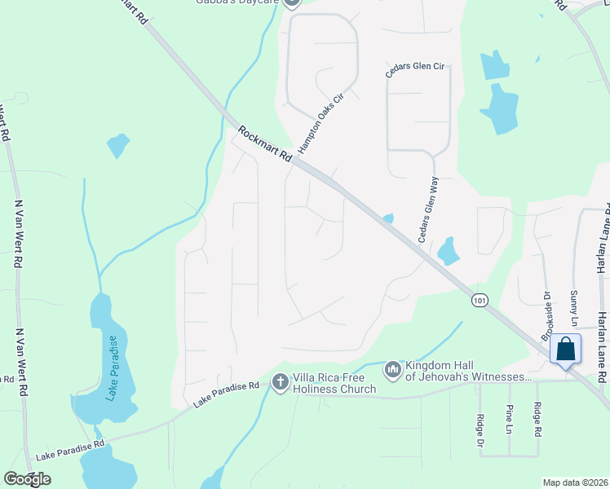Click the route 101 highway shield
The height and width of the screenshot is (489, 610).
(480, 300)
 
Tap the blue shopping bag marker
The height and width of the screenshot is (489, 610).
(566, 350)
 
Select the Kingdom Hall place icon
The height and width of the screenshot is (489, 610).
(393, 370)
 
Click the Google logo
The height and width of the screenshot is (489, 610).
(27, 479)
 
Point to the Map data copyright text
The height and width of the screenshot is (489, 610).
(574, 482)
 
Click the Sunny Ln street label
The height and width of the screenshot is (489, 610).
(574, 302)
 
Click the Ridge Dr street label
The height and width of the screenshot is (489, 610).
(480, 430)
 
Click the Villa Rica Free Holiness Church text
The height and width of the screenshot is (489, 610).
(334, 383)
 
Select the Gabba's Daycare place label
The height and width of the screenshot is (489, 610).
(237, 2)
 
